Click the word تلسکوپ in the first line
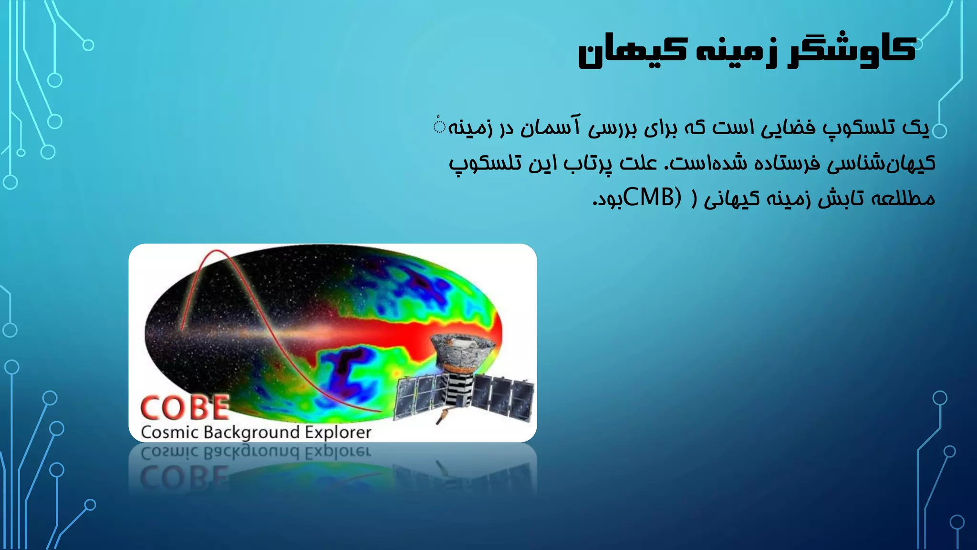click(859, 128)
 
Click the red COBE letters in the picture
click(185, 408)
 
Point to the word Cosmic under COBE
click(169, 432)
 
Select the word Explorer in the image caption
click(338, 432)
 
